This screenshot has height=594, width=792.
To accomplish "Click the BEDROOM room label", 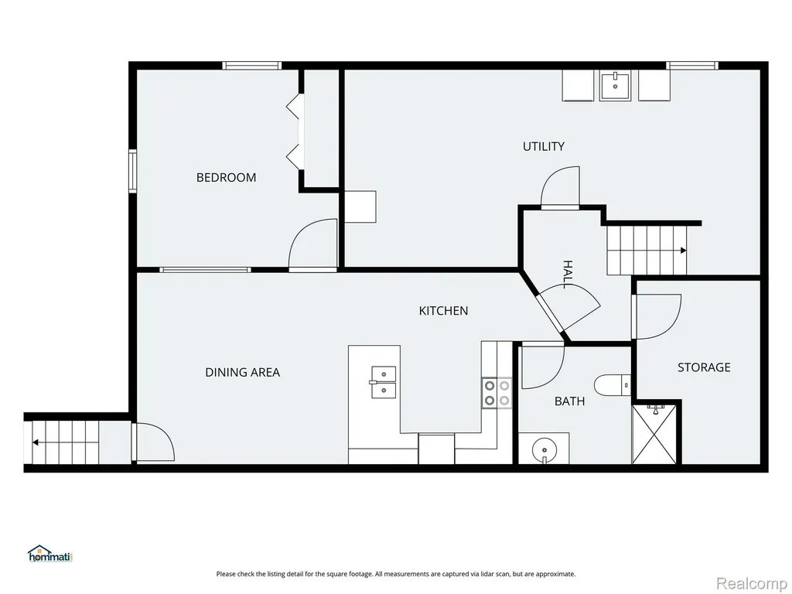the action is pos(226,177).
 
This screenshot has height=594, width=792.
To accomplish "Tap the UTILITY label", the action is pos(543,146).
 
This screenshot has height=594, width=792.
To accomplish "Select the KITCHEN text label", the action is pos(443,311).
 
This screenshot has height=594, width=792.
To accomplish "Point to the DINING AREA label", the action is pos(242,372).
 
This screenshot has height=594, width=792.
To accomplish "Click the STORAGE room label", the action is pos(704,367).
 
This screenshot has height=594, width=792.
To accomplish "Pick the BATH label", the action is pos(570,401).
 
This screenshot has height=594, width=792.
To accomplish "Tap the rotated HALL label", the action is pos(568,275).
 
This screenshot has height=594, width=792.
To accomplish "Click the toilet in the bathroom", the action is pos(613,385).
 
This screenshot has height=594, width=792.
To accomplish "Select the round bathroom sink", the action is pos(544,448).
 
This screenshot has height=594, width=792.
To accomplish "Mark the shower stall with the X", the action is pos(654,433).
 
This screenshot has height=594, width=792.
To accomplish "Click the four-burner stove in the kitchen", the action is pos(497,393).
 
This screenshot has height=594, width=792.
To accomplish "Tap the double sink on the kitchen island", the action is pos(384,382).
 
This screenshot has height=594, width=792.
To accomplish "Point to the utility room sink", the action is pos(615,86).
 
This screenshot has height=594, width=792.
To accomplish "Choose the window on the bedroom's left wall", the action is pos(132,171).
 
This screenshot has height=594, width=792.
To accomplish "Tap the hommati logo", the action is pos(51,554).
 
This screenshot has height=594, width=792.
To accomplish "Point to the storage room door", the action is pos(657,316).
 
